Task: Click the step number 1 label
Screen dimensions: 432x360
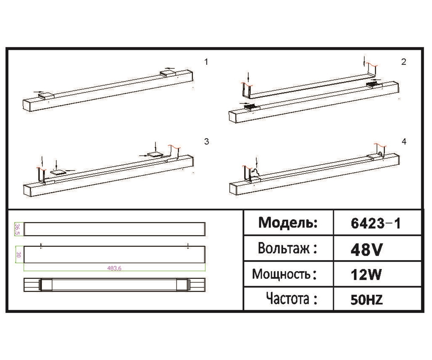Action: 206,62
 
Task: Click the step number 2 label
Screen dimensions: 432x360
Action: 403,62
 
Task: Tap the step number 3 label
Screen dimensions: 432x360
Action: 206,141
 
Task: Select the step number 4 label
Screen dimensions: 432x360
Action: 404,141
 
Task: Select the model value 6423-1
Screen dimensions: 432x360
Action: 376,224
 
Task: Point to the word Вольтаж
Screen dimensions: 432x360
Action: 284,248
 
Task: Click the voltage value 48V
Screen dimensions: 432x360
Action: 366,250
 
